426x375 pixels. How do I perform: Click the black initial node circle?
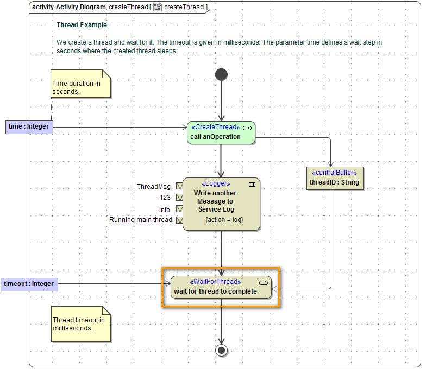click(221, 74)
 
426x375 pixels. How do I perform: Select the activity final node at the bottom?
click(221, 349)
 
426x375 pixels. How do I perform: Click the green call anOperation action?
click(221, 133)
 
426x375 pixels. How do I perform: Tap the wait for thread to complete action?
click(221, 287)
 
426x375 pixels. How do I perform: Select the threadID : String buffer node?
click(334, 179)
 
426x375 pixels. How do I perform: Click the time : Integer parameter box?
click(29, 127)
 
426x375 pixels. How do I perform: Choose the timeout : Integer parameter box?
click(29, 284)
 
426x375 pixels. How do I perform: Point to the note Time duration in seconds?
click(80, 84)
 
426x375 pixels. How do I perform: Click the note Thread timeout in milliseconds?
click(80, 325)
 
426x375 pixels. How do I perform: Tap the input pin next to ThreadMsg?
click(179, 187)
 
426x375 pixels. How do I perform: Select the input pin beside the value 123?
click(179, 198)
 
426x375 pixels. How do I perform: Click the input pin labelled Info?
click(179, 209)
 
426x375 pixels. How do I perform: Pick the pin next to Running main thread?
click(179, 220)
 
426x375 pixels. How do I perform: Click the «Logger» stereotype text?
click(216, 183)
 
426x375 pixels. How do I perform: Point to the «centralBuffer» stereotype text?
click(334, 173)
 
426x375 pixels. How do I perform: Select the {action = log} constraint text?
click(224, 220)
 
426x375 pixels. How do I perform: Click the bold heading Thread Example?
click(82, 25)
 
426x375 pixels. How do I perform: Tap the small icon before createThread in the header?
click(158, 7)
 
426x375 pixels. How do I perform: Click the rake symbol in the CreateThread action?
click(247, 127)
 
